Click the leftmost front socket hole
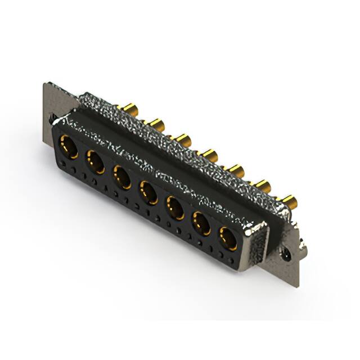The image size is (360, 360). [x=68, y=147]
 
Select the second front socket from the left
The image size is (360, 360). [x=94, y=163]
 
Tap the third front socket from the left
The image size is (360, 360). [x=122, y=178]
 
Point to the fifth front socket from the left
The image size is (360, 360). [x=175, y=209]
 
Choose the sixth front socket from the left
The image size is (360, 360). [x=202, y=224]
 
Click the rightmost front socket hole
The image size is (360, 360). [x=228, y=238]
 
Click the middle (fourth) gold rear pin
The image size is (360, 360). [x=210, y=153]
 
